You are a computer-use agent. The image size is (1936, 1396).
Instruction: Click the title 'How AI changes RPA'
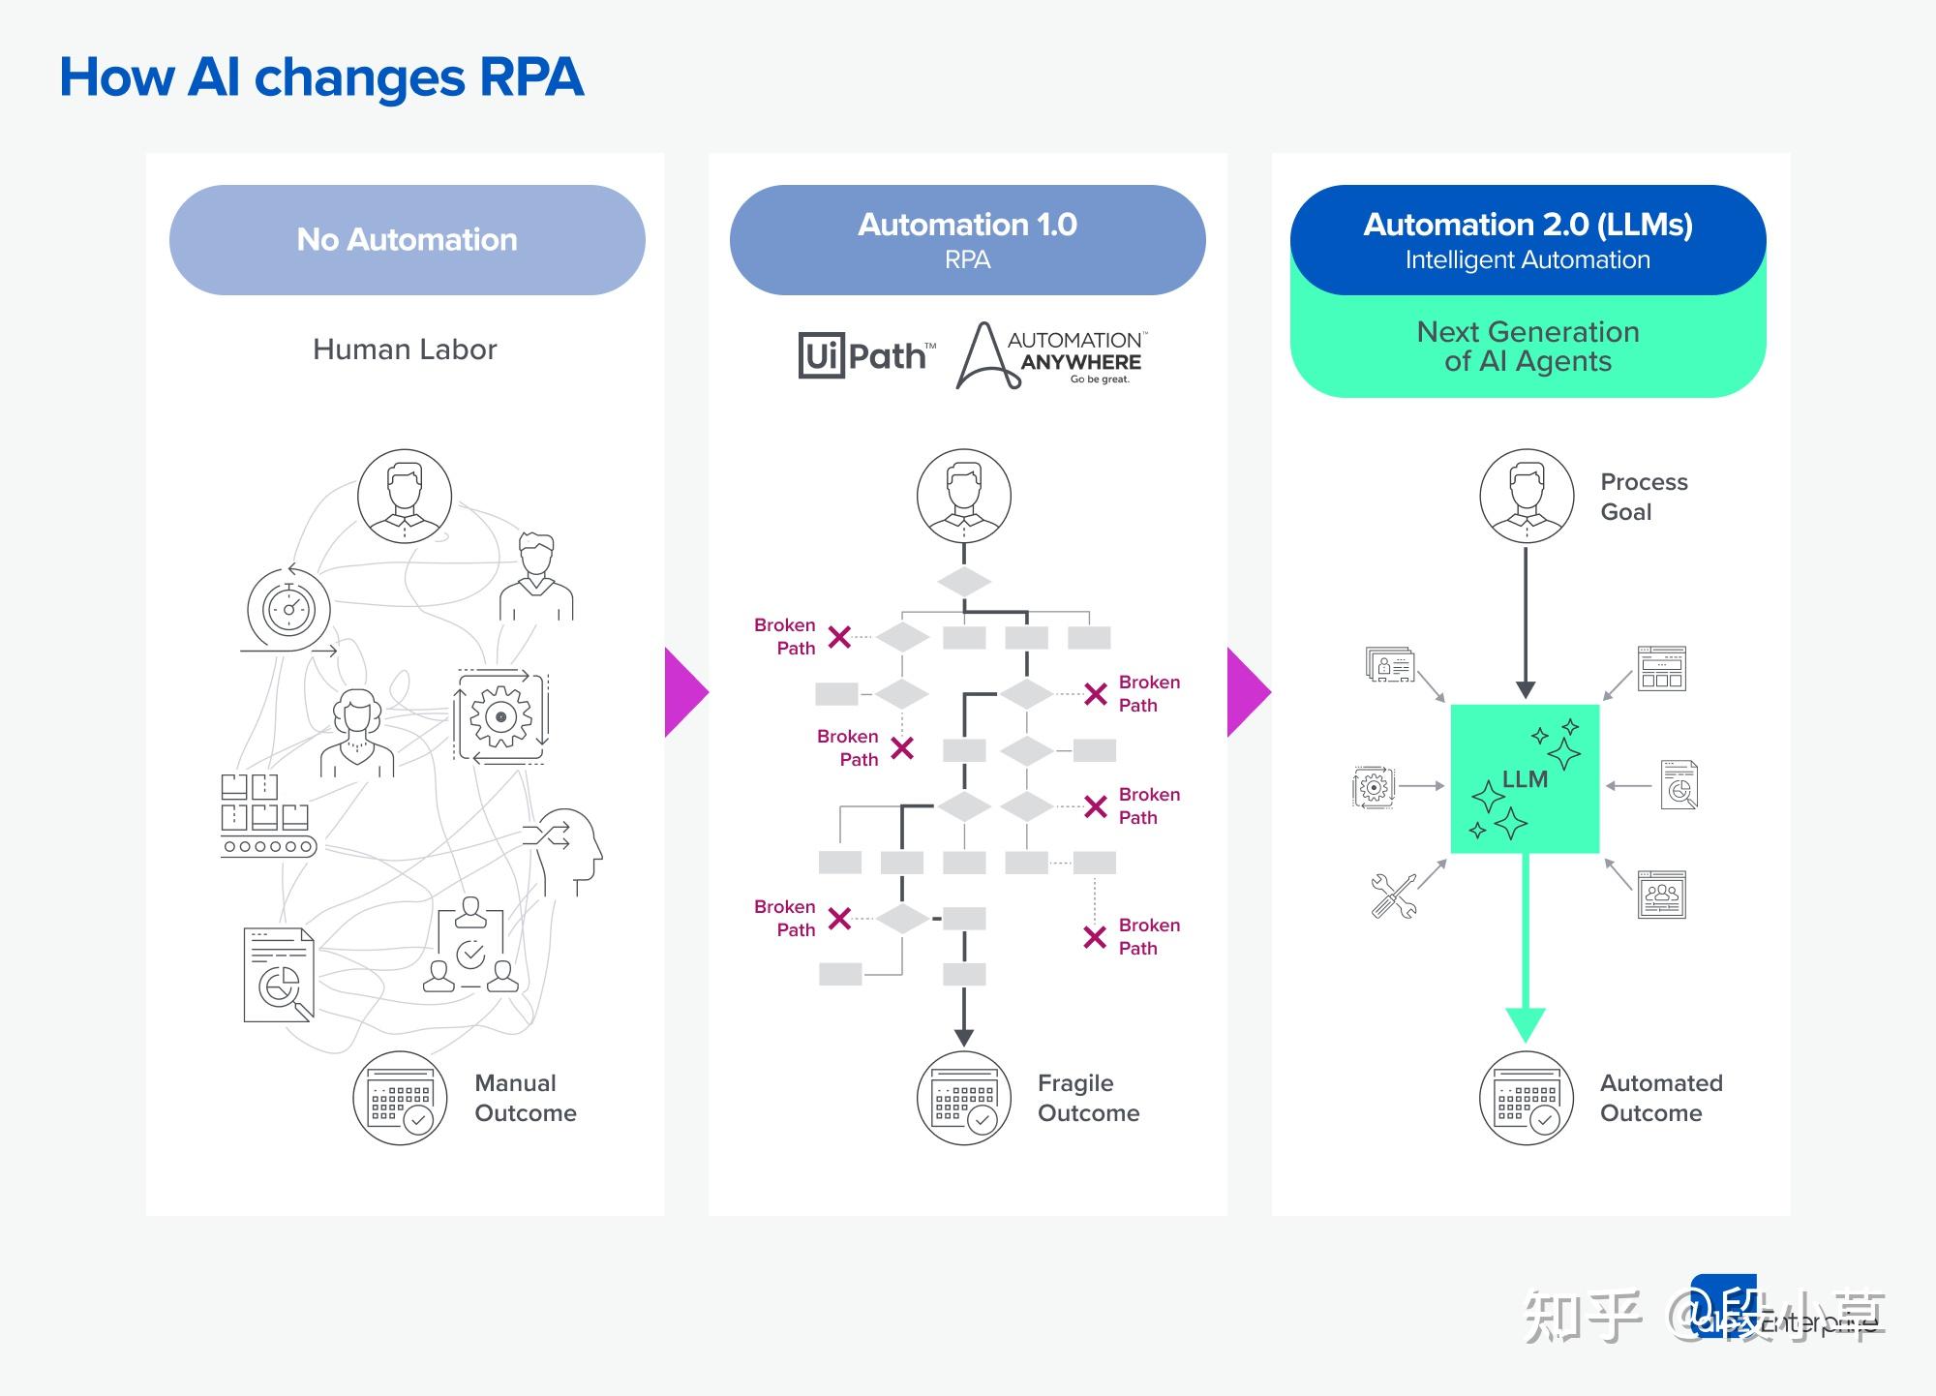click(321, 77)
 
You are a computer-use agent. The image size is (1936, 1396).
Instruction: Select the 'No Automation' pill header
click(407, 240)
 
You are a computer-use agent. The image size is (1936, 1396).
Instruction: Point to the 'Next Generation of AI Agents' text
click(1528, 347)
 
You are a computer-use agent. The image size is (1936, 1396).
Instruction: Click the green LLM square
click(1525, 779)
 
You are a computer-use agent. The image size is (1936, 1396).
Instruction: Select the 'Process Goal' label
click(1643, 497)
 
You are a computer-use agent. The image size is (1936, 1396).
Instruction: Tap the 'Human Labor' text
click(405, 349)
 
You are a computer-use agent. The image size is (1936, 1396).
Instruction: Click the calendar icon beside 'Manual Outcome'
click(400, 1099)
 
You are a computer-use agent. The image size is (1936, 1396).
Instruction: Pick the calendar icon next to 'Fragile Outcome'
click(964, 1099)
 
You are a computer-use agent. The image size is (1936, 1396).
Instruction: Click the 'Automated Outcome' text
click(1660, 1098)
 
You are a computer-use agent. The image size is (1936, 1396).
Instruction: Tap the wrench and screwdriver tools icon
click(1394, 895)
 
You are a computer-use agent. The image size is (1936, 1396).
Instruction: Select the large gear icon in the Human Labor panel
click(500, 717)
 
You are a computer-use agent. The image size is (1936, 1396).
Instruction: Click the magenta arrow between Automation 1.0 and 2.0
click(1246, 692)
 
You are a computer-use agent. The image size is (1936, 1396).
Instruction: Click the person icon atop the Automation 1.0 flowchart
click(964, 496)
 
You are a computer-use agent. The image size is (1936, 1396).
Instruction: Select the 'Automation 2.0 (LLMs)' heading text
click(1528, 225)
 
